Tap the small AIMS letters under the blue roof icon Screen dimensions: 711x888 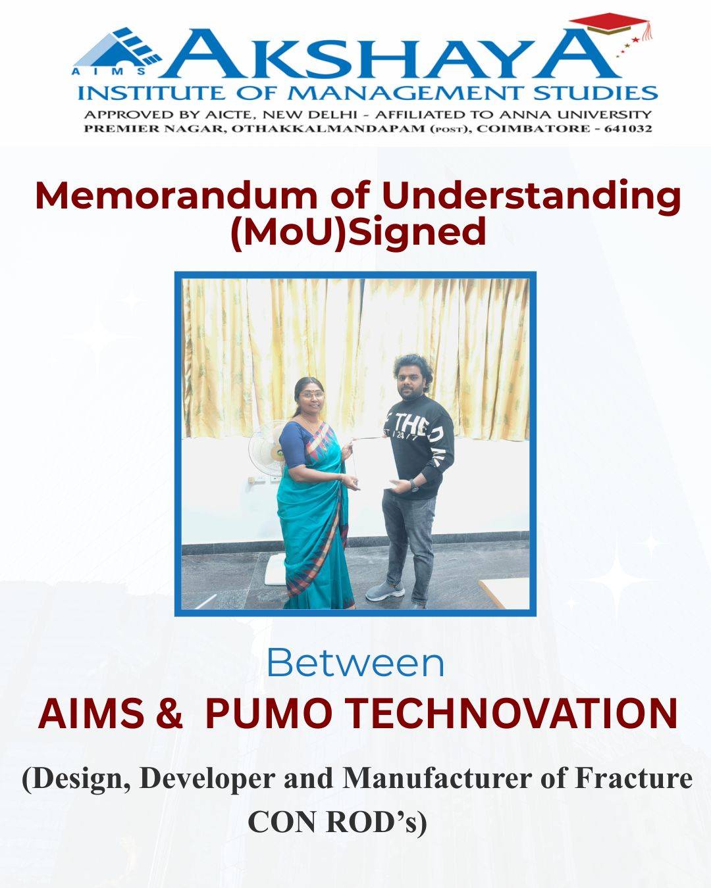109,71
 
